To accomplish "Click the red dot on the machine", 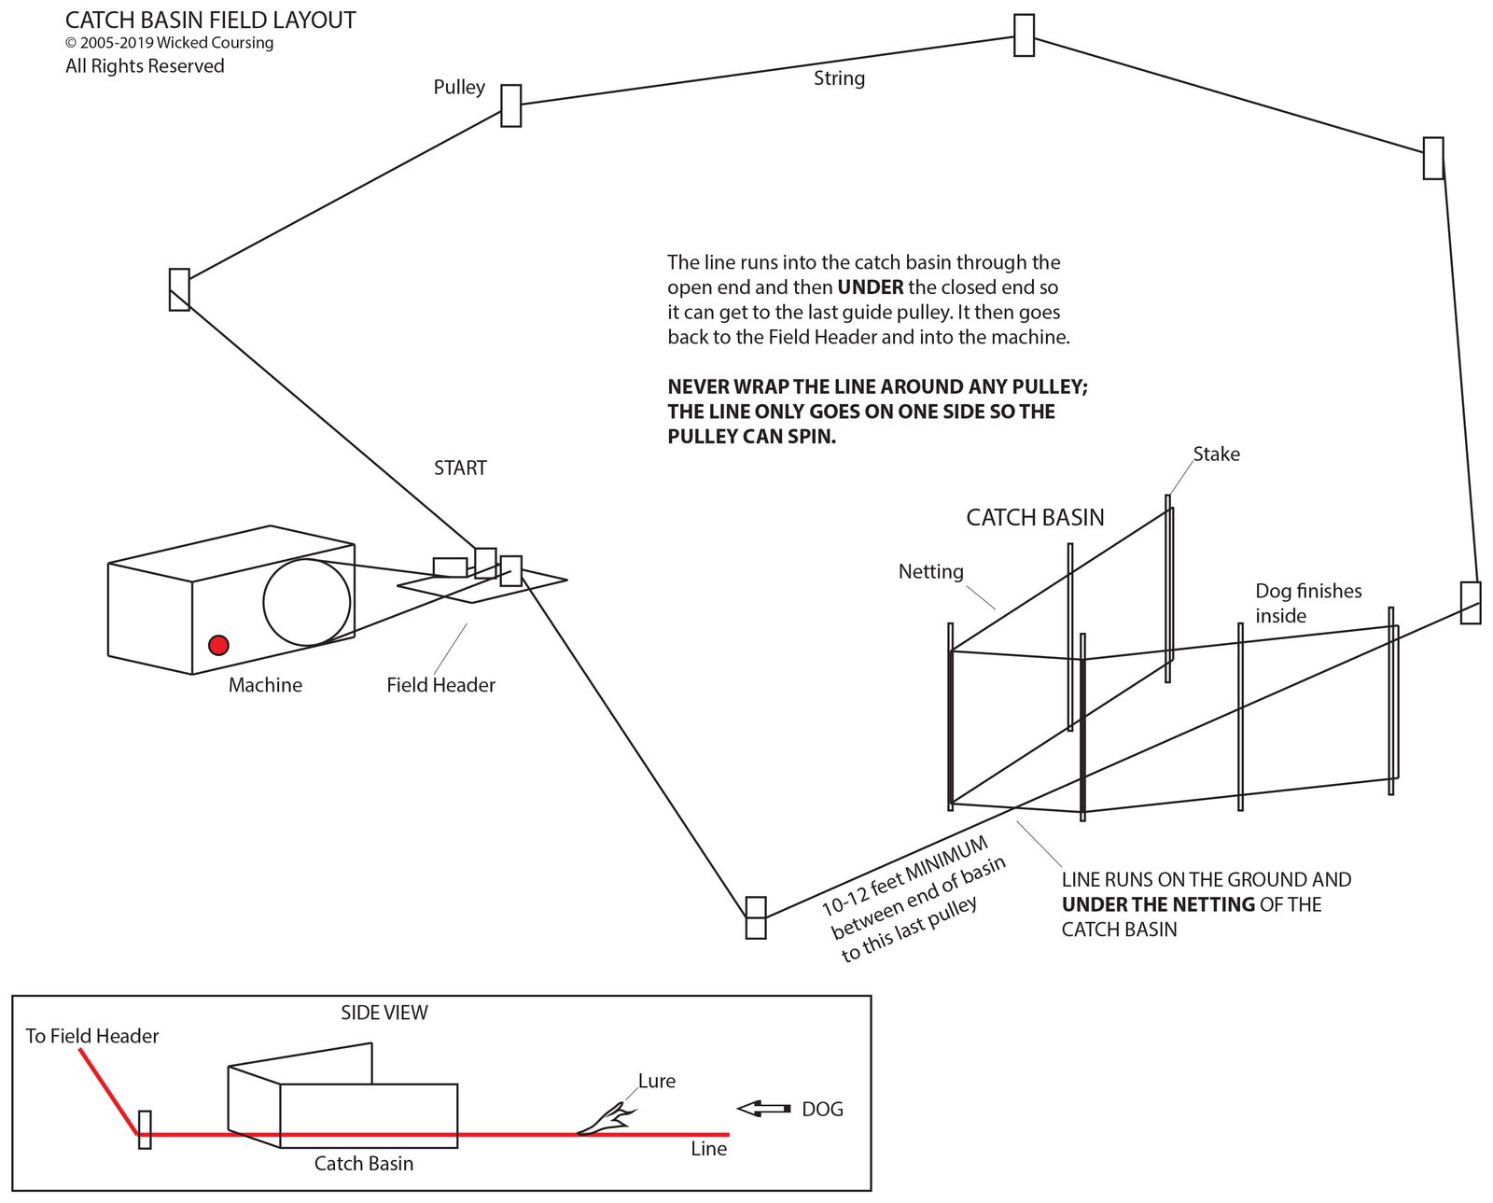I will (218, 645).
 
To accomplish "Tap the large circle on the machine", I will (307, 602).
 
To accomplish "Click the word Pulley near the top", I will (459, 88).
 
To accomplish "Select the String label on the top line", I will (839, 78).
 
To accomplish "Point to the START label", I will (460, 469).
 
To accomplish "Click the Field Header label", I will (440, 685).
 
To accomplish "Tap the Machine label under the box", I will (265, 685).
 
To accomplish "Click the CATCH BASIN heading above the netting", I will (1035, 518).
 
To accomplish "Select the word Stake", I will (1217, 455).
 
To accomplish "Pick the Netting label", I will (930, 572).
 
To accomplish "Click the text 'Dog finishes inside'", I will (1307, 603).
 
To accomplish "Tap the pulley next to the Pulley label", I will (510, 105).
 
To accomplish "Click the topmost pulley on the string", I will (1024, 35).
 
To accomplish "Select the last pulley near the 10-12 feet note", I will (756, 917).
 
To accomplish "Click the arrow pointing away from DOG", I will (763, 1109).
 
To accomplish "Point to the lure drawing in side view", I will (607, 1119).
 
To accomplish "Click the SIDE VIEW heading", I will (384, 1013).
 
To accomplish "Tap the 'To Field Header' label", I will (91, 1036).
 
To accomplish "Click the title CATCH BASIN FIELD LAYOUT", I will (210, 21).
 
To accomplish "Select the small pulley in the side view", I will (145, 1129).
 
